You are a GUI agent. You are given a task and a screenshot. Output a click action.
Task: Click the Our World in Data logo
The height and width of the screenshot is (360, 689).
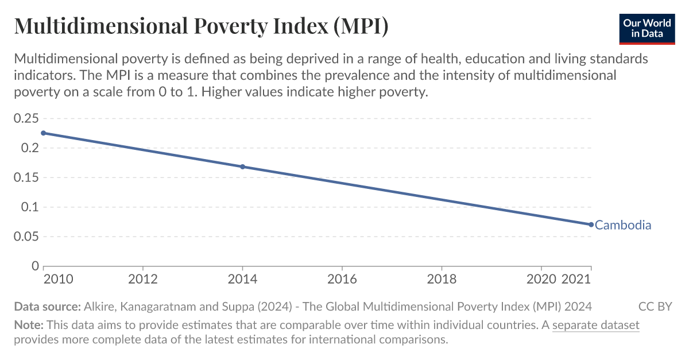tap(647, 27)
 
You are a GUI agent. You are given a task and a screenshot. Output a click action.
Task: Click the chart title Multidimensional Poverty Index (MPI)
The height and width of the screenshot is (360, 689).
tap(201, 26)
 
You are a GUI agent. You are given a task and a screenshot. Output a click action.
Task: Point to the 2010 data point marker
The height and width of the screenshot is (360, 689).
tap(44, 133)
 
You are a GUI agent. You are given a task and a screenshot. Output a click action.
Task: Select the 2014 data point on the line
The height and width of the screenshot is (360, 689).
tap(242, 167)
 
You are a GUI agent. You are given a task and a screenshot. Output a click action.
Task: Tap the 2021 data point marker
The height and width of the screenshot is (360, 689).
tap(591, 224)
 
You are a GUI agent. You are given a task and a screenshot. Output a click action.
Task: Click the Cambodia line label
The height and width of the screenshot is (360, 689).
tap(623, 225)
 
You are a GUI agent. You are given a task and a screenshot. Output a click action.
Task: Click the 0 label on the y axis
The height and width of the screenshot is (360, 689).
tap(34, 266)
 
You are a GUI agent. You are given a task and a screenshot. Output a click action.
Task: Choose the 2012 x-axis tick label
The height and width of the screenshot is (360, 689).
tap(142, 279)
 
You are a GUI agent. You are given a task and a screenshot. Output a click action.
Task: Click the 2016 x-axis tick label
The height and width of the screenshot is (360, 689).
tap(342, 279)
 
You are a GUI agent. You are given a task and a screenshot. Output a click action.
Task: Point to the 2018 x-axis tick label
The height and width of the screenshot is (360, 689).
tap(442, 279)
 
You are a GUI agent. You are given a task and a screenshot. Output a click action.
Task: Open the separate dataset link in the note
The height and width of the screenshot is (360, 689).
tap(595, 325)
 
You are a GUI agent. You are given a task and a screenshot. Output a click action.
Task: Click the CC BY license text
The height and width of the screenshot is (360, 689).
tap(655, 306)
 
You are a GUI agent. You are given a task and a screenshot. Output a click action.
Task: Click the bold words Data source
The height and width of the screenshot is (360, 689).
tap(47, 306)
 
